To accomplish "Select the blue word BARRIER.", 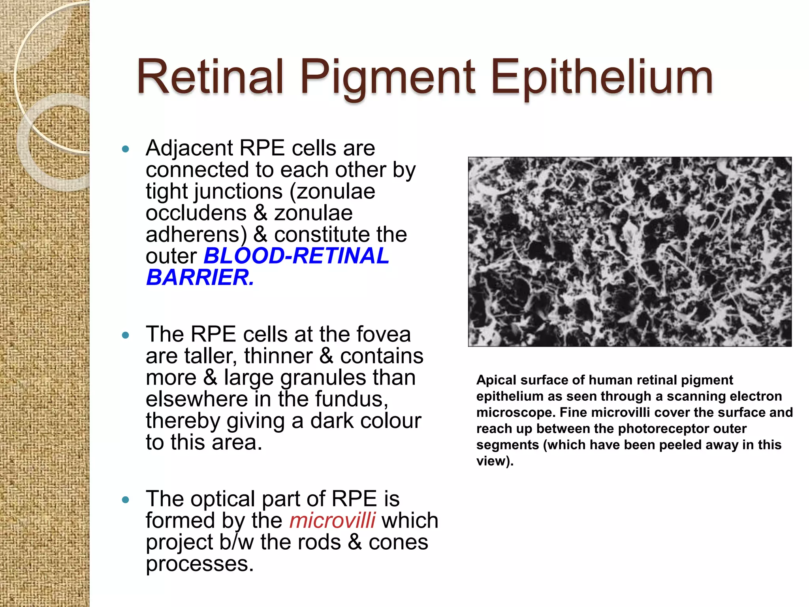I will coord(200,277).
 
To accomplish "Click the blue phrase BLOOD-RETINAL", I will coord(296,256).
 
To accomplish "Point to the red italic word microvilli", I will coord(332,520).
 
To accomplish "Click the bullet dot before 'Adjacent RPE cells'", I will coord(126,149).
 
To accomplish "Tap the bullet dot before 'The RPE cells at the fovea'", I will coord(126,336).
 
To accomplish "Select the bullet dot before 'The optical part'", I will coord(126,500).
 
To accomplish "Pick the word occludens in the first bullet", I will coord(196,213).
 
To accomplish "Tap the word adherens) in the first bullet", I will coord(196,234).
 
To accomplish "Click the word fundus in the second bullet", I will coord(351,399).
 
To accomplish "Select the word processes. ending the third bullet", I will coord(199,564).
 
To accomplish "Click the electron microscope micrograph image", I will coord(630,252).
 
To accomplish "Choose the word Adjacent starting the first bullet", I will coord(189,149).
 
